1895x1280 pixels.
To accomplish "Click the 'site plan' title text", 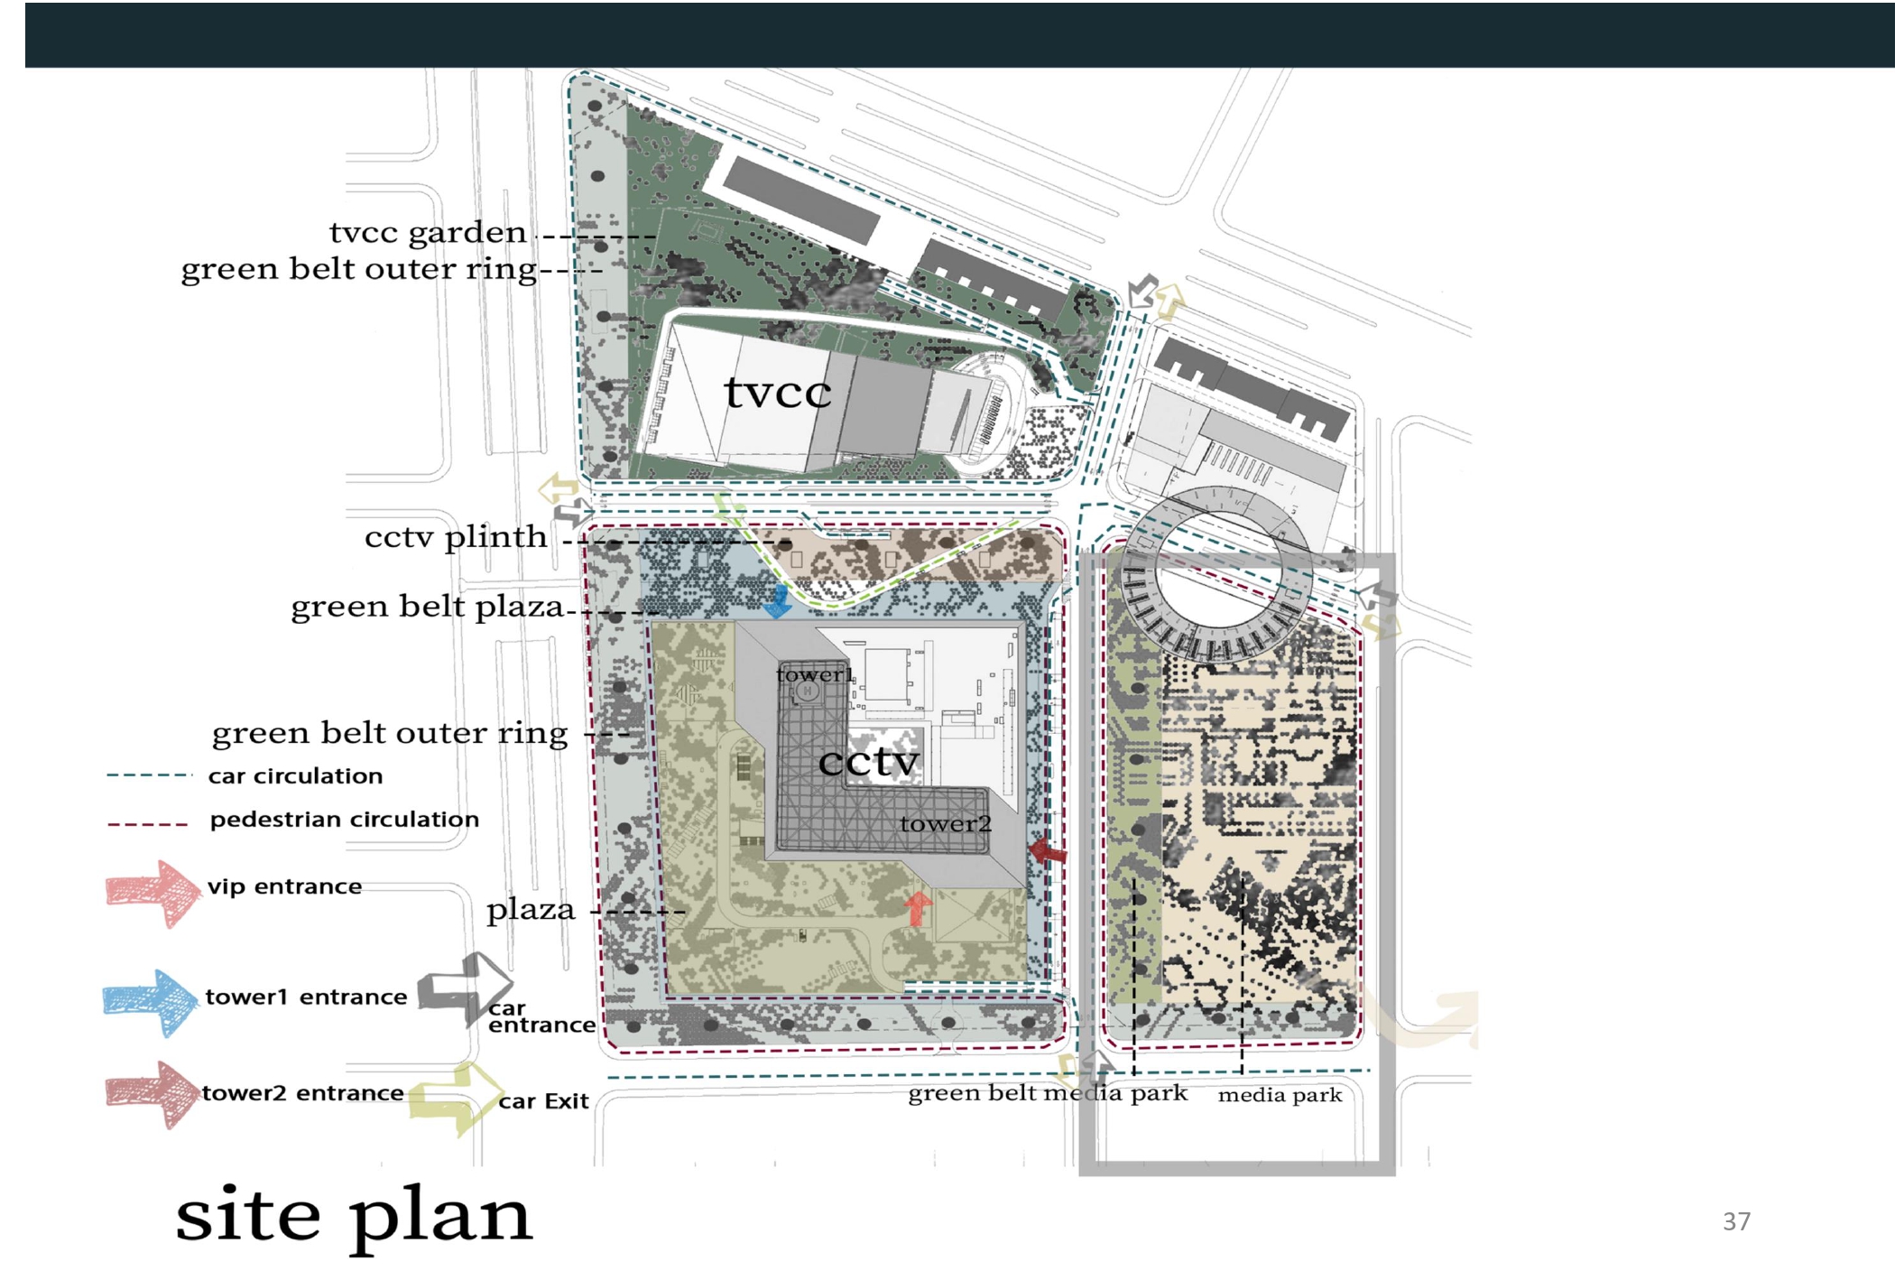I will pos(353,1215).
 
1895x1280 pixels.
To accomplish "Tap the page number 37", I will pos(1736,1221).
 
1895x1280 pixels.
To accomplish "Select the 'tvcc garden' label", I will pos(428,233).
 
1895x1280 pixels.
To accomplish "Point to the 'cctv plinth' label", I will pos(456,537).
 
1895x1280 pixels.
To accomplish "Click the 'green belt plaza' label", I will pos(427,607).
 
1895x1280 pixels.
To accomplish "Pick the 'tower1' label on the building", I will pos(814,674).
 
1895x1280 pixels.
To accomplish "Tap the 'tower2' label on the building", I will pos(945,823).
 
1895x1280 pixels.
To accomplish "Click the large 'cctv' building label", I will pos(868,761).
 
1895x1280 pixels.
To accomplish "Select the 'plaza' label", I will pos(531,909).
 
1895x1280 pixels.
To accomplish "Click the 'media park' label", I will pos(1280,1095).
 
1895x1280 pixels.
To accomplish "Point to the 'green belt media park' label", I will pos(1047,1093).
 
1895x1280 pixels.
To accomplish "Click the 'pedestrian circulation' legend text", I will pos(345,820).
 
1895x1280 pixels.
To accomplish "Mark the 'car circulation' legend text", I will pos(295,776).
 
